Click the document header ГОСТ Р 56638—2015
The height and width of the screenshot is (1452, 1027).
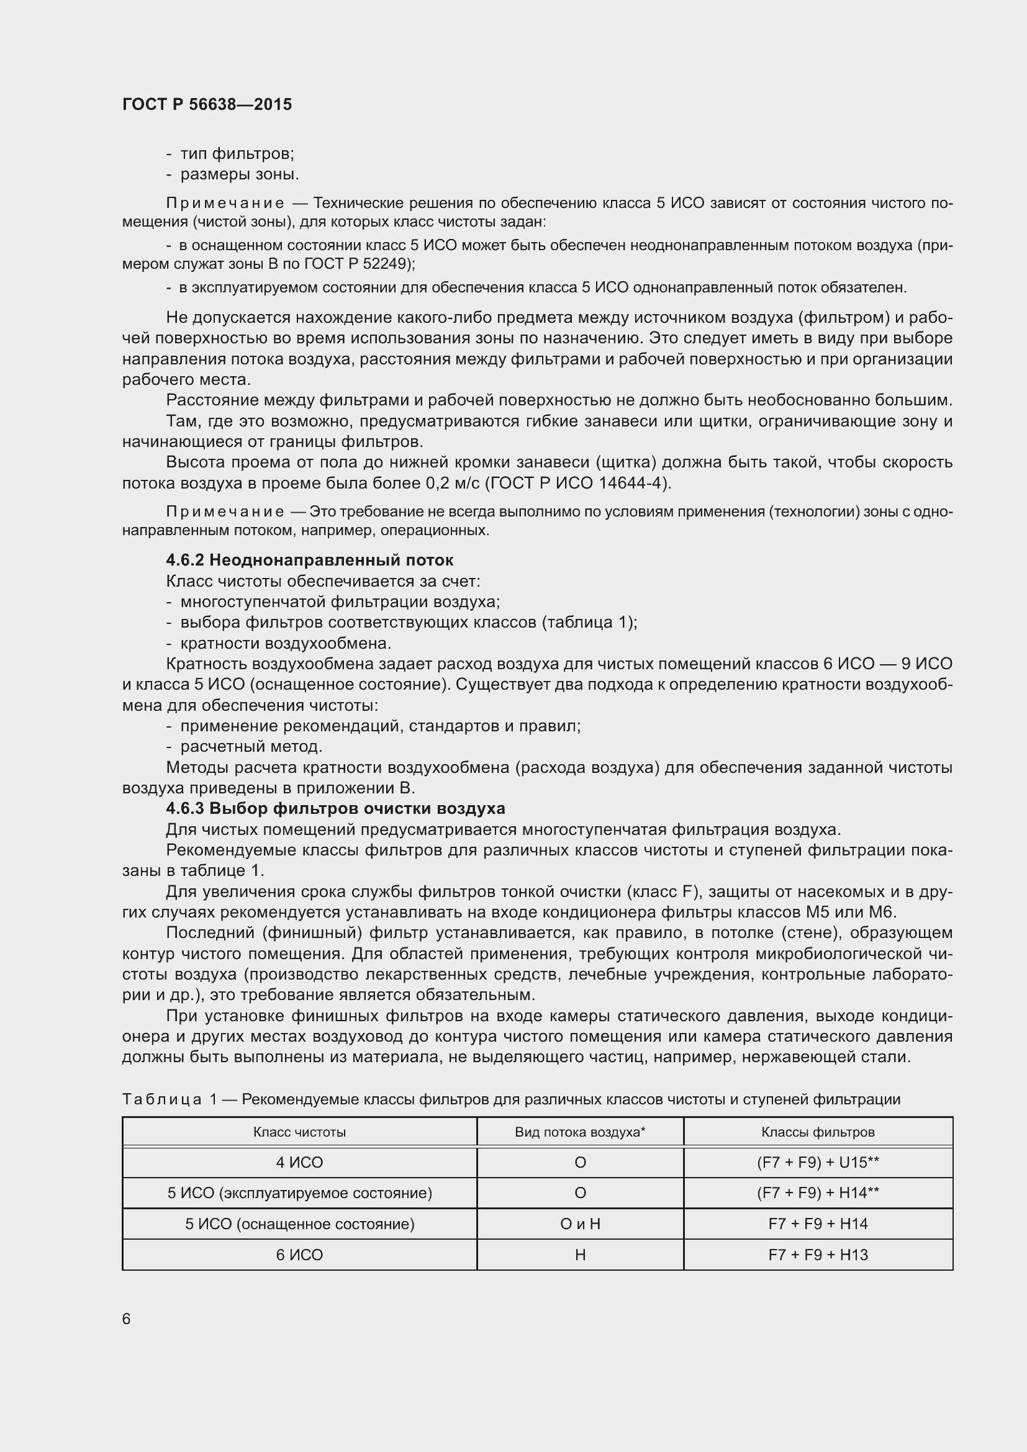pyautogui.click(x=207, y=104)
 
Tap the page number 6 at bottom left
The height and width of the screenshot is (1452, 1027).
pyautogui.click(x=127, y=1319)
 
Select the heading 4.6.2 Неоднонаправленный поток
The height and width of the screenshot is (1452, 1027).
pyautogui.click(x=309, y=561)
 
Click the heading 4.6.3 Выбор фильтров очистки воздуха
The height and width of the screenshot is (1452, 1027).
pyautogui.click(x=335, y=809)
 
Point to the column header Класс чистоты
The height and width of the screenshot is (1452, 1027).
pyautogui.click(x=299, y=1132)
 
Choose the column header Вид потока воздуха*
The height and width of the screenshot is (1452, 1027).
pyautogui.click(x=579, y=1132)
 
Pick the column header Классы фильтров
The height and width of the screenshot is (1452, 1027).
pyautogui.click(x=818, y=1132)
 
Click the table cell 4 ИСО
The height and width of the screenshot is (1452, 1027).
pyautogui.click(x=299, y=1162)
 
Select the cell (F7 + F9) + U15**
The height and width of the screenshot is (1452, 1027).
pyautogui.click(x=818, y=1162)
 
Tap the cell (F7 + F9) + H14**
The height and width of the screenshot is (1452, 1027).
pyautogui.click(x=818, y=1193)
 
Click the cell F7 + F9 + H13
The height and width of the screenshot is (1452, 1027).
pyautogui.click(x=818, y=1255)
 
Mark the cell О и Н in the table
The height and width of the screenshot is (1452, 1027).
pyautogui.click(x=579, y=1224)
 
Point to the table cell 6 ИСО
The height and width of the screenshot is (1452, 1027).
pyautogui.click(x=299, y=1255)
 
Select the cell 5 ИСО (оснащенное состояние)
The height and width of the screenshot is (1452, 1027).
pyautogui.click(x=299, y=1224)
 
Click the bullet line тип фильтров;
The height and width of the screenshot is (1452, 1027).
pyautogui.click(x=237, y=154)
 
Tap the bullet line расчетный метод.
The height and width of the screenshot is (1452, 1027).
pyautogui.click(x=251, y=747)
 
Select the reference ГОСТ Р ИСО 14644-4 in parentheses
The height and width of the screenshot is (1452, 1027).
pyautogui.click(x=578, y=484)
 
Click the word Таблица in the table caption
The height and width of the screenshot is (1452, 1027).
pyautogui.click(x=162, y=1100)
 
